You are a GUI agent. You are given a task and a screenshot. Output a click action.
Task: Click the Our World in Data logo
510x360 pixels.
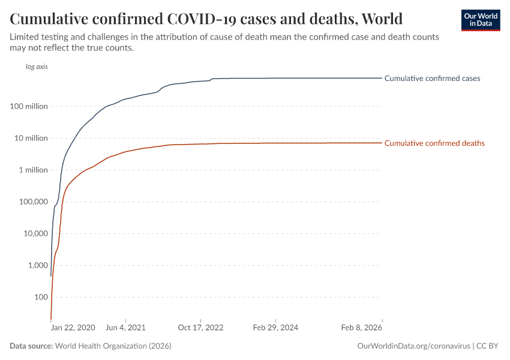click(480, 20)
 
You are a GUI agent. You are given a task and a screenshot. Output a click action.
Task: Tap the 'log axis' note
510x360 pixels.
click(37, 67)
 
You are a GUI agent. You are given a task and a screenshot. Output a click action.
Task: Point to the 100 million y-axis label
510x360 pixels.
click(29, 106)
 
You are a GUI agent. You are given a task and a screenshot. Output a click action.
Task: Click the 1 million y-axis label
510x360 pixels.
click(33, 170)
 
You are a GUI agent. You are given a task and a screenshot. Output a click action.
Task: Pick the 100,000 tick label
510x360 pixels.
click(34, 202)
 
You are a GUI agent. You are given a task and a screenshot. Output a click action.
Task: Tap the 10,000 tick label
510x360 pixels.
click(35, 233)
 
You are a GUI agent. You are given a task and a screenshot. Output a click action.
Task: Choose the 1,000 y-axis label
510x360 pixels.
click(37, 265)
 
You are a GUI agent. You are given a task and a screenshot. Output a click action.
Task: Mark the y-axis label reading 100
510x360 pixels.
click(41, 297)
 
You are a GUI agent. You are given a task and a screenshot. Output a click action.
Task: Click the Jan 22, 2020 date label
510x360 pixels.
click(73, 328)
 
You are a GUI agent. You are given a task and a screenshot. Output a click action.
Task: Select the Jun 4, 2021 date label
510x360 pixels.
click(125, 328)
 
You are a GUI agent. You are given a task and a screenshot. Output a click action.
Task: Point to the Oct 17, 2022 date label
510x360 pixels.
click(200, 328)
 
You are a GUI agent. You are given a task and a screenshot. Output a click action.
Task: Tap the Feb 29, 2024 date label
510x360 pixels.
click(275, 328)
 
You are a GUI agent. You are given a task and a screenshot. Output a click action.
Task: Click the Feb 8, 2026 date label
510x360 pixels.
click(362, 328)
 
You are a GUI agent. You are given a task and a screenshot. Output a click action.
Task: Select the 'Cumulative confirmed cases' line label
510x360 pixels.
click(432, 78)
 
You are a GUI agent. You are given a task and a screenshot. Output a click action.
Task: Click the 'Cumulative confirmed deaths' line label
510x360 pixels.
click(434, 143)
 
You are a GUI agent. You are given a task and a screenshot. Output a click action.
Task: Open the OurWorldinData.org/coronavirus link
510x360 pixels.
click(413, 346)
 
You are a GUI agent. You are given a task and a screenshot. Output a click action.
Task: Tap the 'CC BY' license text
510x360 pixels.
click(488, 346)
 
